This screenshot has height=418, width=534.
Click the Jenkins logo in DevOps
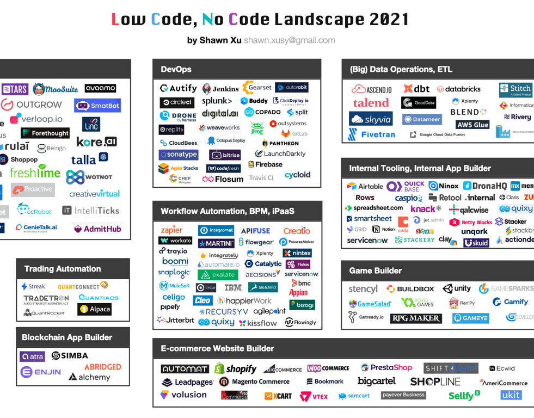[x=220, y=89]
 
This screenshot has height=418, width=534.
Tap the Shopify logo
[x=235, y=369]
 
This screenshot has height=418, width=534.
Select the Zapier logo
[x=172, y=231]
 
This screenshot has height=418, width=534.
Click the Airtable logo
[x=365, y=186]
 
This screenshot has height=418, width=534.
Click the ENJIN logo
[x=41, y=372]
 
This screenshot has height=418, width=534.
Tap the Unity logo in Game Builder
[x=457, y=288]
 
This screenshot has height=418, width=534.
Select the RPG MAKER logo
[x=416, y=318]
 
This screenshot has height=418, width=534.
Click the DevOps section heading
[x=176, y=69]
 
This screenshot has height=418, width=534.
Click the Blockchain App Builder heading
[x=66, y=337]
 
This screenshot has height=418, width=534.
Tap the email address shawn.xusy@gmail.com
[x=289, y=40]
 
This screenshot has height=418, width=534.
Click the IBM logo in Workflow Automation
[x=233, y=287]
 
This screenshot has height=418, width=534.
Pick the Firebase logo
[x=266, y=164]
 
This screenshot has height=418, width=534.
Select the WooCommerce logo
[x=328, y=368]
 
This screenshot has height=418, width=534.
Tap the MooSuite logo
[x=56, y=89]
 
